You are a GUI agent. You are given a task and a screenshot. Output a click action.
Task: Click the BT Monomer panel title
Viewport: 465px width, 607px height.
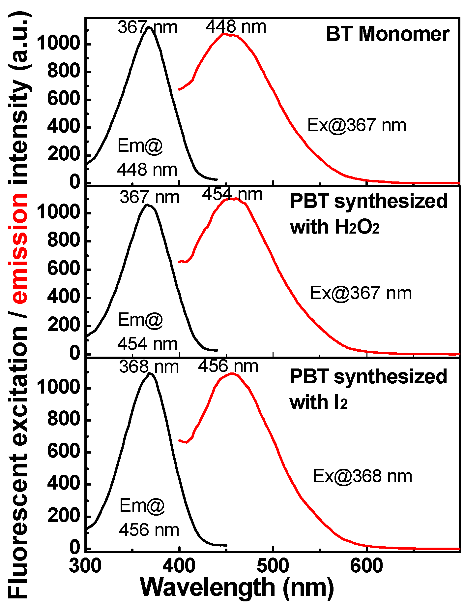point(388,34)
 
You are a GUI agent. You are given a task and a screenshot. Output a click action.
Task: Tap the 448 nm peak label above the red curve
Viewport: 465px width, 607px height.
point(236,26)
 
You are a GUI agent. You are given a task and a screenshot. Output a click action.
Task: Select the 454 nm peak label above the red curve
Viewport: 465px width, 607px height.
point(232,195)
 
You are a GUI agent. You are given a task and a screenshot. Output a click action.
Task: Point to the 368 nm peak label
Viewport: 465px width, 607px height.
point(149,367)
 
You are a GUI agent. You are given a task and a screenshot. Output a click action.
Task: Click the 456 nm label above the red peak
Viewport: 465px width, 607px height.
point(228,366)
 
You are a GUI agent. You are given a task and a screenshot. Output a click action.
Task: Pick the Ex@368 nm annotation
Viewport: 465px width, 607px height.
point(362,476)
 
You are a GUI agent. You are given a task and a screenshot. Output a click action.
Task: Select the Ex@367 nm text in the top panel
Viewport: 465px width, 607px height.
point(357,125)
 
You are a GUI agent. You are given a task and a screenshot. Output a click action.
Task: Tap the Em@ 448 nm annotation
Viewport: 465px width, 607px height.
point(147,158)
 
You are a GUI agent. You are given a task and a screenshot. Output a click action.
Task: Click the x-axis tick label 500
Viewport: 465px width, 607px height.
point(273,566)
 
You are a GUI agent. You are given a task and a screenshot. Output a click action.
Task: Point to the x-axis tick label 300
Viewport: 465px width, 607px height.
point(85,566)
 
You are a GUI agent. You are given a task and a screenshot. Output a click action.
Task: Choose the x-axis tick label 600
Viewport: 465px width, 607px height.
point(366,566)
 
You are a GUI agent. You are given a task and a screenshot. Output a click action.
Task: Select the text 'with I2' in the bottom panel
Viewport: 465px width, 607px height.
point(318,403)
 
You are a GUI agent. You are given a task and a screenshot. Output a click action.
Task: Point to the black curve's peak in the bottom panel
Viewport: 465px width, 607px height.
point(150,373)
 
